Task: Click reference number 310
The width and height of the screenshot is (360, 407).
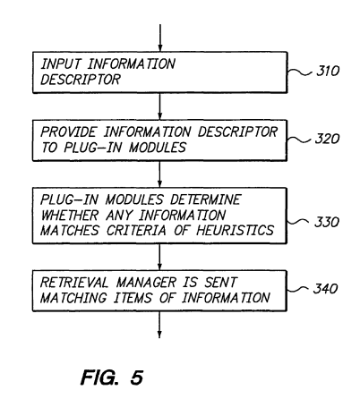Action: (x=328, y=71)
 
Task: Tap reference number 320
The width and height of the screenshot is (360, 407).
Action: (x=328, y=139)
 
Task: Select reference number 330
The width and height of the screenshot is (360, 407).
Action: (x=327, y=222)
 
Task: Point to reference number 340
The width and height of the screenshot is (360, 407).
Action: (x=325, y=288)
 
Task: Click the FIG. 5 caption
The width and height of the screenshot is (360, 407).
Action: (x=112, y=377)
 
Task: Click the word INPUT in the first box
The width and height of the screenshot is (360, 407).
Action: (x=61, y=64)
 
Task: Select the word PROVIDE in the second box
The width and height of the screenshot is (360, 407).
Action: (x=69, y=131)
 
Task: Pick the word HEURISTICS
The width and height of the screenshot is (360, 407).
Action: (x=235, y=230)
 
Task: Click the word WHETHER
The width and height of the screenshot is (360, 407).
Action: (x=70, y=215)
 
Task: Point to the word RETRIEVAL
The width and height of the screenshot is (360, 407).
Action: (x=74, y=283)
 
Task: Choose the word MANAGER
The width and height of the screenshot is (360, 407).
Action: (x=146, y=283)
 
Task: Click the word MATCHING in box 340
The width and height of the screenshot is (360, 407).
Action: (x=73, y=298)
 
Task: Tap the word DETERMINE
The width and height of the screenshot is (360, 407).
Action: (x=205, y=199)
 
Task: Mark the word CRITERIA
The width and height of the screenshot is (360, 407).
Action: (x=136, y=230)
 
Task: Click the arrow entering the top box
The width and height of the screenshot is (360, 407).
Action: (x=160, y=38)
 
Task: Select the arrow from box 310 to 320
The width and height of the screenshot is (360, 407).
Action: (x=160, y=106)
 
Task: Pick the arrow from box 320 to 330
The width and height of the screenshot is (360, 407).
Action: (x=159, y=174)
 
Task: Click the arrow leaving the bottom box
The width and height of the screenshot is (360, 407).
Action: (x=159, y=325)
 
